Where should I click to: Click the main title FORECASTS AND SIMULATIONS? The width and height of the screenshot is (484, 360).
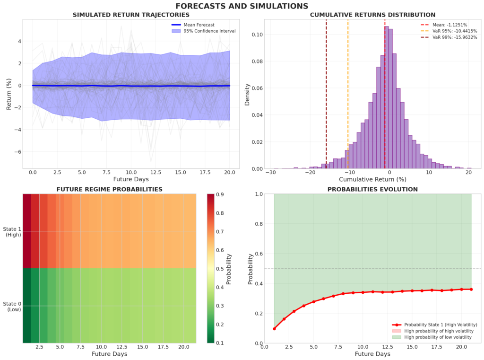click(242, 6)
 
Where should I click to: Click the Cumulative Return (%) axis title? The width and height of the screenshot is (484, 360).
click(372, 180)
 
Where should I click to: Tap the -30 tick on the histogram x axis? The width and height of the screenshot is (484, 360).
click(270, 173)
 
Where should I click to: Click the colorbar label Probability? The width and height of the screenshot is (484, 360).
click(229, 269)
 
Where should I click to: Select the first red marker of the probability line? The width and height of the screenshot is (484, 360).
click(275, 328)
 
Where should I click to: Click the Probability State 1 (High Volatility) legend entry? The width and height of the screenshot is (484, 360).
click(433, 325)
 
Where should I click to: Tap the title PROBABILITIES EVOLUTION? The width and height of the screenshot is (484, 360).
click(372, 189)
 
